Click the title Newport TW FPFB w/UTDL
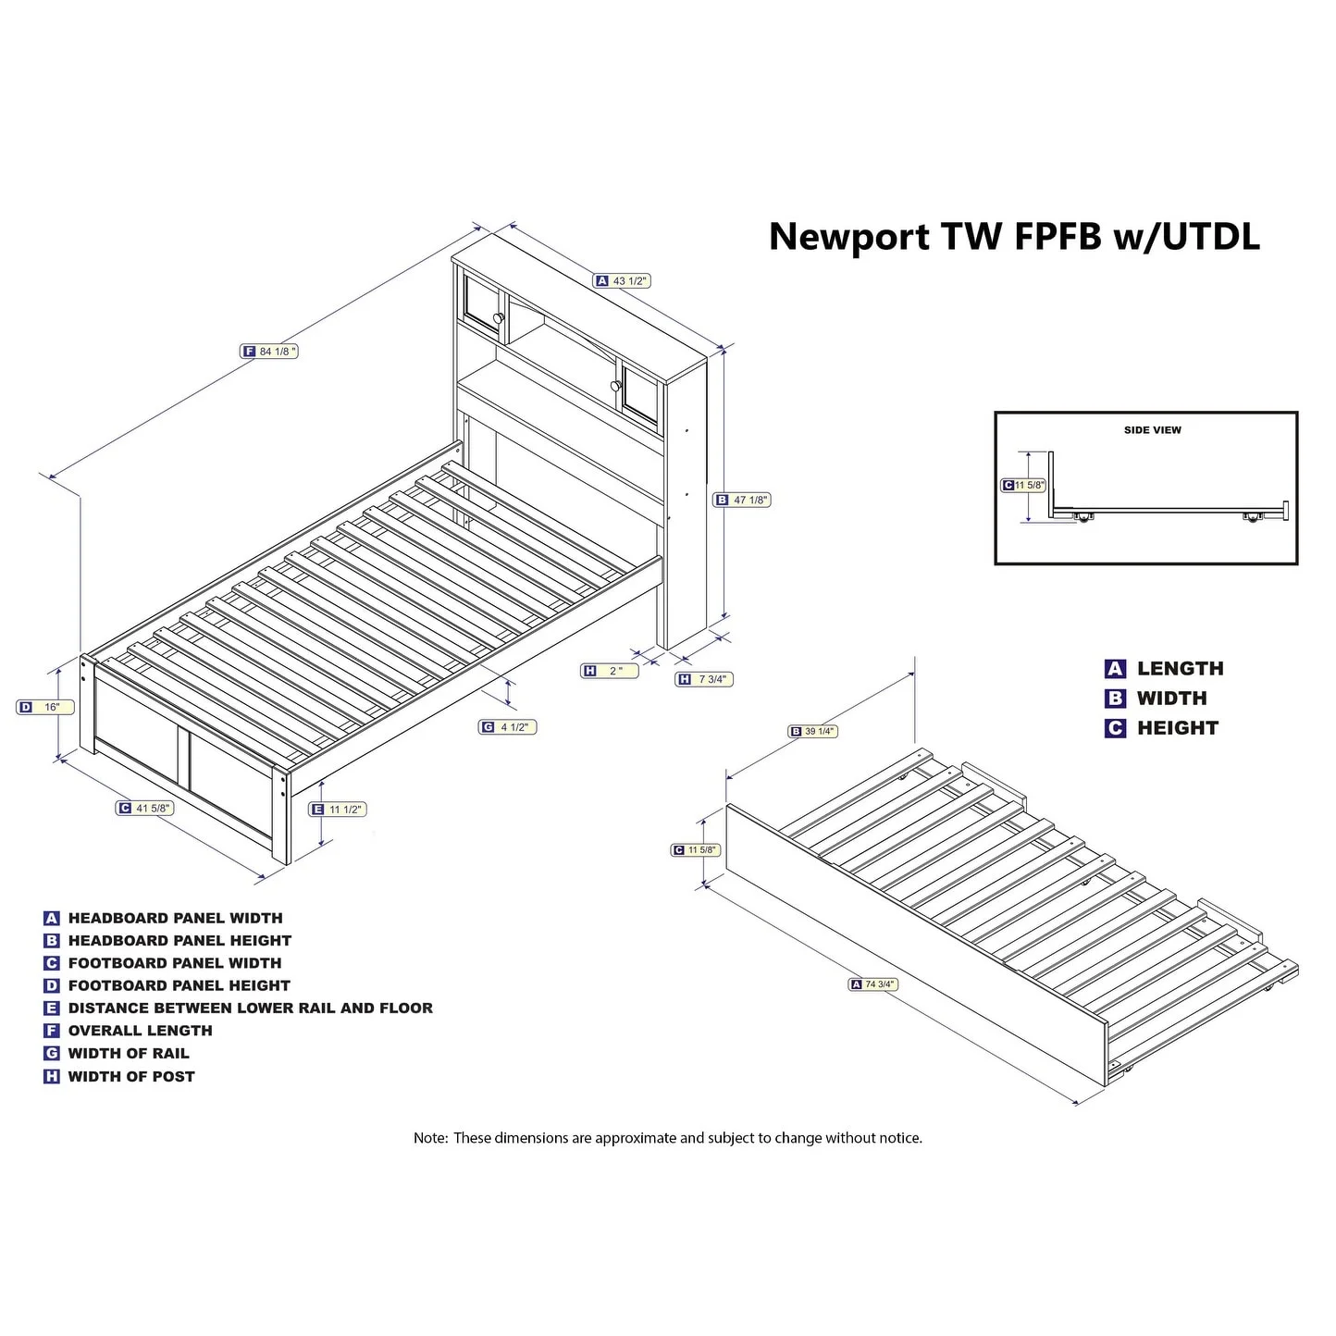(x=1014, y=237)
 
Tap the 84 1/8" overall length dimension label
(x=270, y=352)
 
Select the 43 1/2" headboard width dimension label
(x=623, y=280)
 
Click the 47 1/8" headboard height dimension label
(x=742, y=500)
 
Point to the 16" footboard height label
(x=44, y=707)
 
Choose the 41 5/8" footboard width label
(x=145, y=808)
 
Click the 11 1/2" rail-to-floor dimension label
(x=338, y=809)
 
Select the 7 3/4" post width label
(x=703, y=679)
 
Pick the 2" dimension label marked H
(x=610, y=671)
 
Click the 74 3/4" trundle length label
(x=874, y=984)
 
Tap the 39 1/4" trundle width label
(x=812, y=731)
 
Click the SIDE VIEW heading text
(x=1152, y=430)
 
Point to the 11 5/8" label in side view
(x=1024, y=485)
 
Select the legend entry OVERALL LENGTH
(x=140, y=1031)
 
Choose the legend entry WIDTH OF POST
(x=131, y=1076)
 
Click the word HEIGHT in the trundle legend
(x=1177, y=728)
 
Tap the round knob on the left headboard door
(x=499, y=318)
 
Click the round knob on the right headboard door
(x=614, y=386)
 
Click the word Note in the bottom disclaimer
(x=430, y=1138)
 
